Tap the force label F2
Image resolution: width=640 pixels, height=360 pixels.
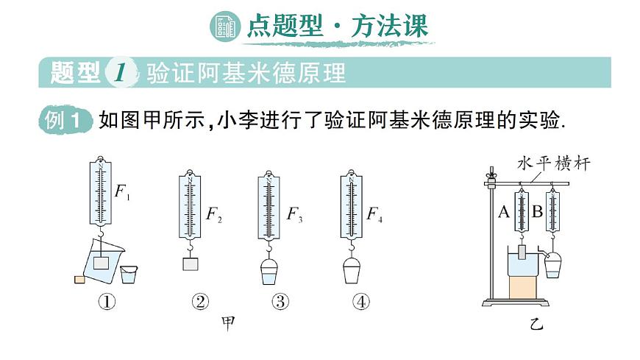[213, 214]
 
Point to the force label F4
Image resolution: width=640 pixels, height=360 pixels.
[374, 214]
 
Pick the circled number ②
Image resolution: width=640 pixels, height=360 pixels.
[199, 301]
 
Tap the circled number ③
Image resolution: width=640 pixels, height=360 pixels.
[280, 301]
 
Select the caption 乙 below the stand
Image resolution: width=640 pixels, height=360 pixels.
[536, 323]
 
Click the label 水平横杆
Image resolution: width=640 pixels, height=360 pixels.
[553, 163]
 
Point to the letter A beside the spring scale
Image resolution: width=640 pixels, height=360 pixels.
[504, 213]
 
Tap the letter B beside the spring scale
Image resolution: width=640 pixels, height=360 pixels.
[537, 213]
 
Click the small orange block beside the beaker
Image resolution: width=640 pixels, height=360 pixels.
[78, 278]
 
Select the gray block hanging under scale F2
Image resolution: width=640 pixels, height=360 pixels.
[191, 264]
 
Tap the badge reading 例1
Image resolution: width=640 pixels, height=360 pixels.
[65, 121]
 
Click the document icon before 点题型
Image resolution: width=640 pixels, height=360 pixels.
[224, 27]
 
